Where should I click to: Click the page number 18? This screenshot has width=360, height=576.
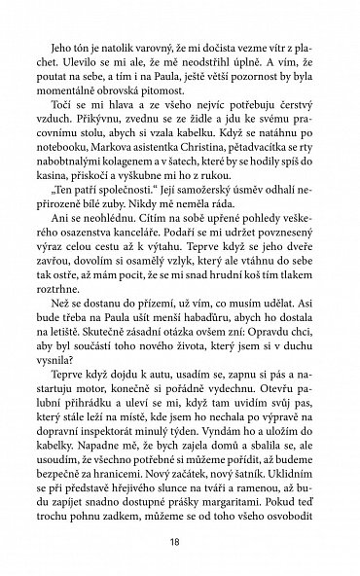click(x=181, y=533)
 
